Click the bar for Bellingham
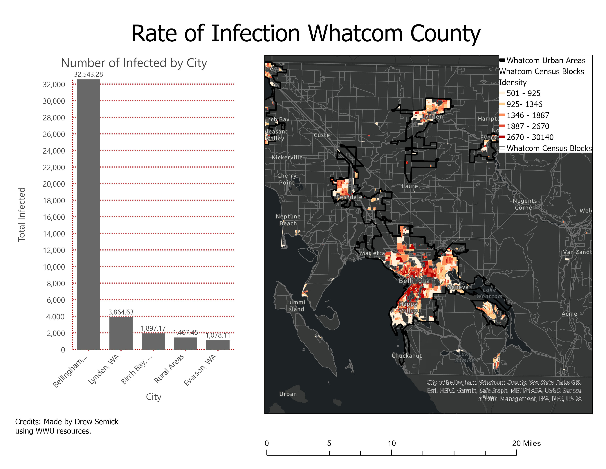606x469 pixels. (89, 214)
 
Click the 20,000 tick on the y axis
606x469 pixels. (54, 184)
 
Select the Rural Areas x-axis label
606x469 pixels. (169, 369)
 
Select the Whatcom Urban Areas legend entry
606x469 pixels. (546, 60)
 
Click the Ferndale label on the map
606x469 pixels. (349, 197)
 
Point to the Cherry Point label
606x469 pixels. (287, 179)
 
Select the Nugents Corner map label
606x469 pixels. (524, 204)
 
